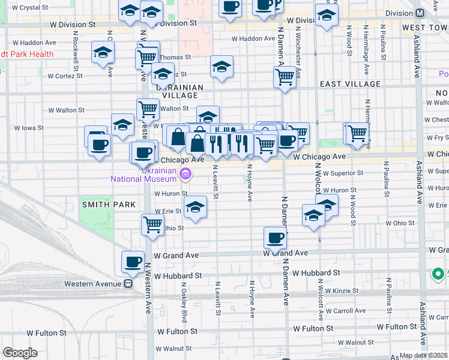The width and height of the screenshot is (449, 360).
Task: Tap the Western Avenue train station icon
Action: click(128, 283)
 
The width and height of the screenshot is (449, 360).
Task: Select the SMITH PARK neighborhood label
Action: click(100, 205)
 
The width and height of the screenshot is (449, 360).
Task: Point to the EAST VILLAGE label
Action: click(350, 85)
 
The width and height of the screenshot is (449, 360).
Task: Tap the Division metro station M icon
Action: click(436, 12)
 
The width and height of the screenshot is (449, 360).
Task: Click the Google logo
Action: click(20, 353)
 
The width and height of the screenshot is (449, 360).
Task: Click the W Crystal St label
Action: click(29, 8)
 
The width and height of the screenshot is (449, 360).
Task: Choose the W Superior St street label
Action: click(341, 173)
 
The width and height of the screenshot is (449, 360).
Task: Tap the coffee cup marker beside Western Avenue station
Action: click(133, 262)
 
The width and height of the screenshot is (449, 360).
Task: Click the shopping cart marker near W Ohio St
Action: click(152, 225)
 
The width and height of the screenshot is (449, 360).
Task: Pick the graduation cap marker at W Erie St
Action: click(195, 208)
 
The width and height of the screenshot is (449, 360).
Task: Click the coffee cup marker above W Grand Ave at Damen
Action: click(275, 238)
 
